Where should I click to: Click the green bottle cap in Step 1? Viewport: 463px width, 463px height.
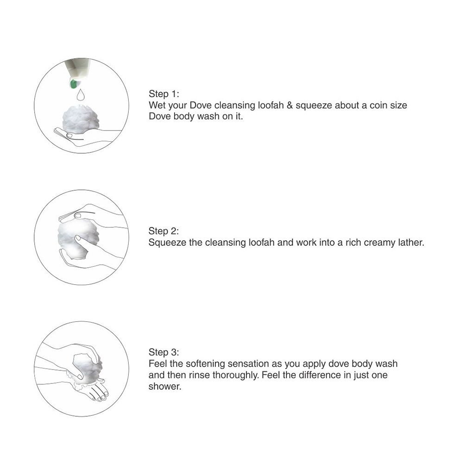(x=73, y=84)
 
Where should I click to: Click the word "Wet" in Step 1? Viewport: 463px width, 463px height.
(x=156, y=106)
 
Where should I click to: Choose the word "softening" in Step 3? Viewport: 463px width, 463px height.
(x=205, y=364)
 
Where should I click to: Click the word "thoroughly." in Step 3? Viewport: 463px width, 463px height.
(x=235, y=375)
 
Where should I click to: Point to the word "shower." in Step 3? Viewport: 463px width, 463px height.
(x=164, y=387)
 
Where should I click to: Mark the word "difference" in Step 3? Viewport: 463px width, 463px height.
(x=312, y=375)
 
